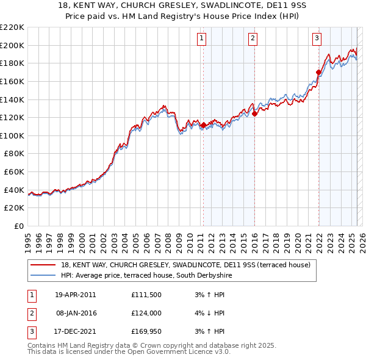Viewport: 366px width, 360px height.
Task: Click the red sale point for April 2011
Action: [x=203, y=125]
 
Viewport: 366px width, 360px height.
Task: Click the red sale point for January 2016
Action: [x=254, y=113]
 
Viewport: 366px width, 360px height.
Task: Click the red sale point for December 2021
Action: [x=318, y=72]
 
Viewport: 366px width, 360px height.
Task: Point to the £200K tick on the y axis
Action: [x=12, y=45]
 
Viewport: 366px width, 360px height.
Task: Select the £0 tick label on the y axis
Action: [x=18, y=226]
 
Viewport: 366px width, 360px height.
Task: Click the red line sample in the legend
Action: [x=43, y=265]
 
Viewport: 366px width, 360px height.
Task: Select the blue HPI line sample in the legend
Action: [x=43, y=276]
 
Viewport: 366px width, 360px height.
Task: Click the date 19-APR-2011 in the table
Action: [x=75, y=295]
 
